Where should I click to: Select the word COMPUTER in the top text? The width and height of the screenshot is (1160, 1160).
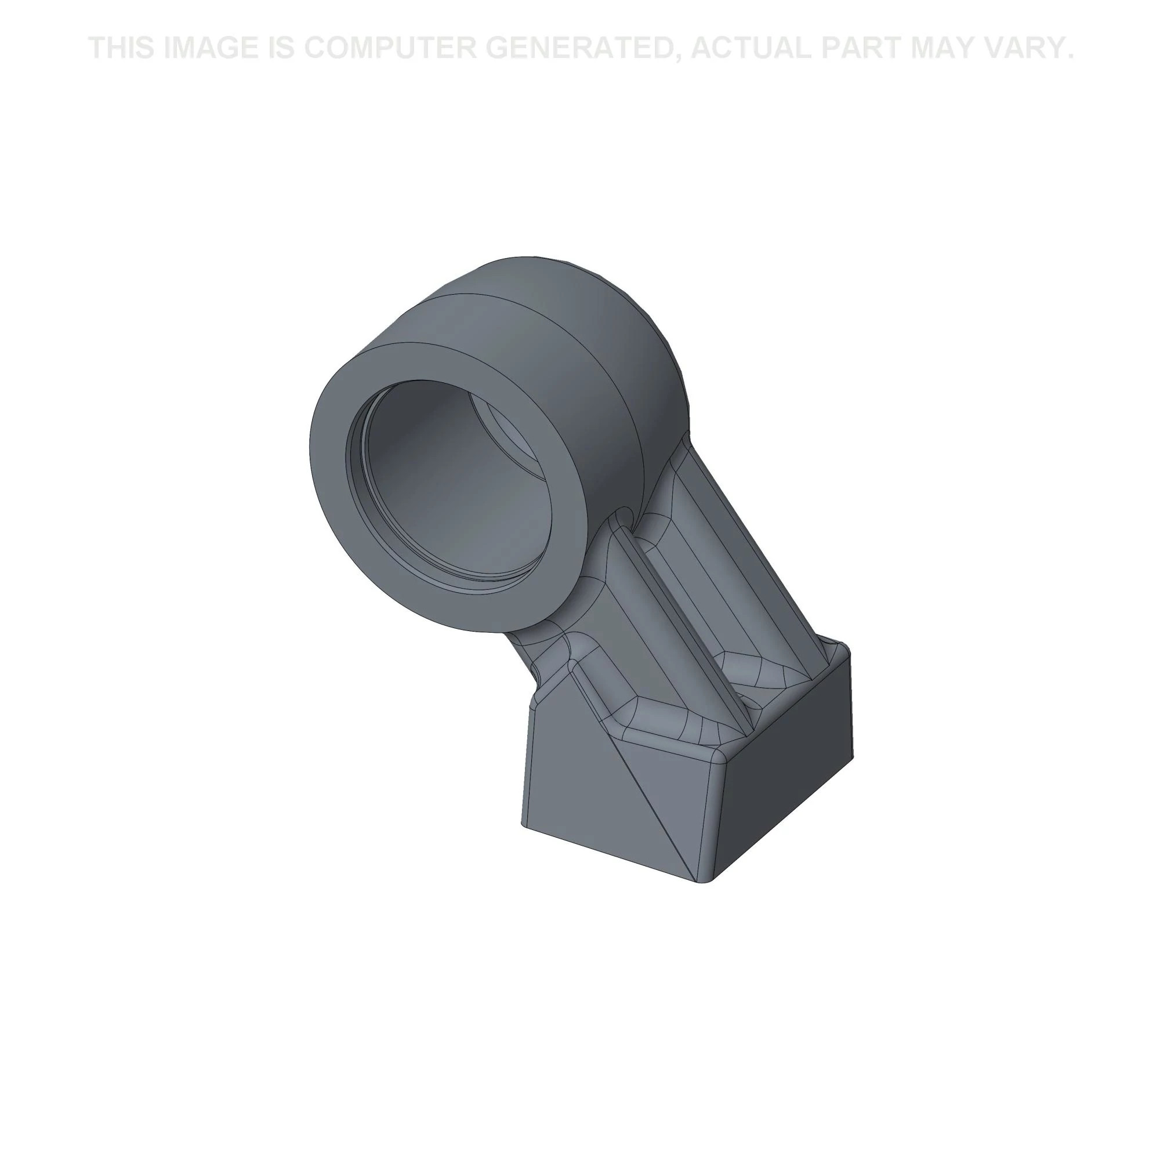[390, 48]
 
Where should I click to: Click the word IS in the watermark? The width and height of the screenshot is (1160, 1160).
[280, 48]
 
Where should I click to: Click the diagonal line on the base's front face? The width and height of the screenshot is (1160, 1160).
[648, 799]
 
